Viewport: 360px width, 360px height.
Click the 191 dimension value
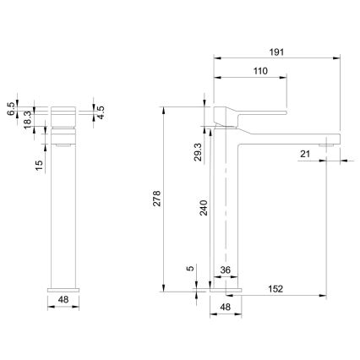pyautogui.click(x=277, y=52)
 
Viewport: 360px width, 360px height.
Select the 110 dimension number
pyautogui.click(x=260, y=71)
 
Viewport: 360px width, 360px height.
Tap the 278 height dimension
pyautogui.click(x=157, y=199)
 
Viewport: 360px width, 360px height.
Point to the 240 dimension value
pyautogui.click(x=204, y=208)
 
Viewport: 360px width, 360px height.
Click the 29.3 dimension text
pyautogui.click(x=198, y=152)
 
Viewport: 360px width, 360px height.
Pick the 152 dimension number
pyautogui.click(x=275, y=289)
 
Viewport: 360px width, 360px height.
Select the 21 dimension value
pyautogui.click(x=305, y=154)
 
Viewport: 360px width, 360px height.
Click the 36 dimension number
pyautogui.click(x=226, y=270)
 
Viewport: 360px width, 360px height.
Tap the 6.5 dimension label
pyautogui.click(x=10, y=109)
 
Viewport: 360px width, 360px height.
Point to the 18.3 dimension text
pyautogui.click(x=28, y=120)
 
